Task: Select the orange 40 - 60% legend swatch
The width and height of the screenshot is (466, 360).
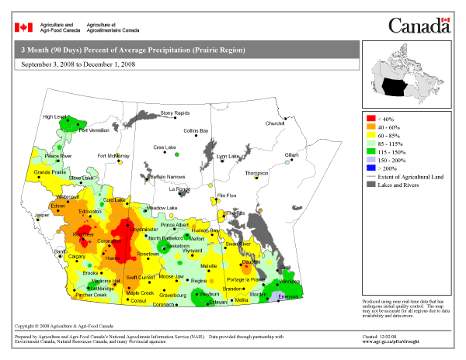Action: click(370, 128)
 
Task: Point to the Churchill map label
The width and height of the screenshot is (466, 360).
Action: click(275, 123)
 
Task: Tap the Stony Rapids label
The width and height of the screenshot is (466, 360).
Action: click(175, 113)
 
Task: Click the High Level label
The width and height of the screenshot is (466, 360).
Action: click(55, 117)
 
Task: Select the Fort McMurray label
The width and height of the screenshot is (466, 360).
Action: click(113, 156)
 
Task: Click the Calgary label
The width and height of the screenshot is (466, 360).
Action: click(76, 256)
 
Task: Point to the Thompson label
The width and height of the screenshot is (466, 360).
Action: click(256, 173)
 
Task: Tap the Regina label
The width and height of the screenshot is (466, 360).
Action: click(198, 281)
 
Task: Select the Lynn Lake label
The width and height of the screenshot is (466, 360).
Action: click(228, 156)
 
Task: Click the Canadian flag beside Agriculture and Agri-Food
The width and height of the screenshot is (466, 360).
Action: click(24, 27)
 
